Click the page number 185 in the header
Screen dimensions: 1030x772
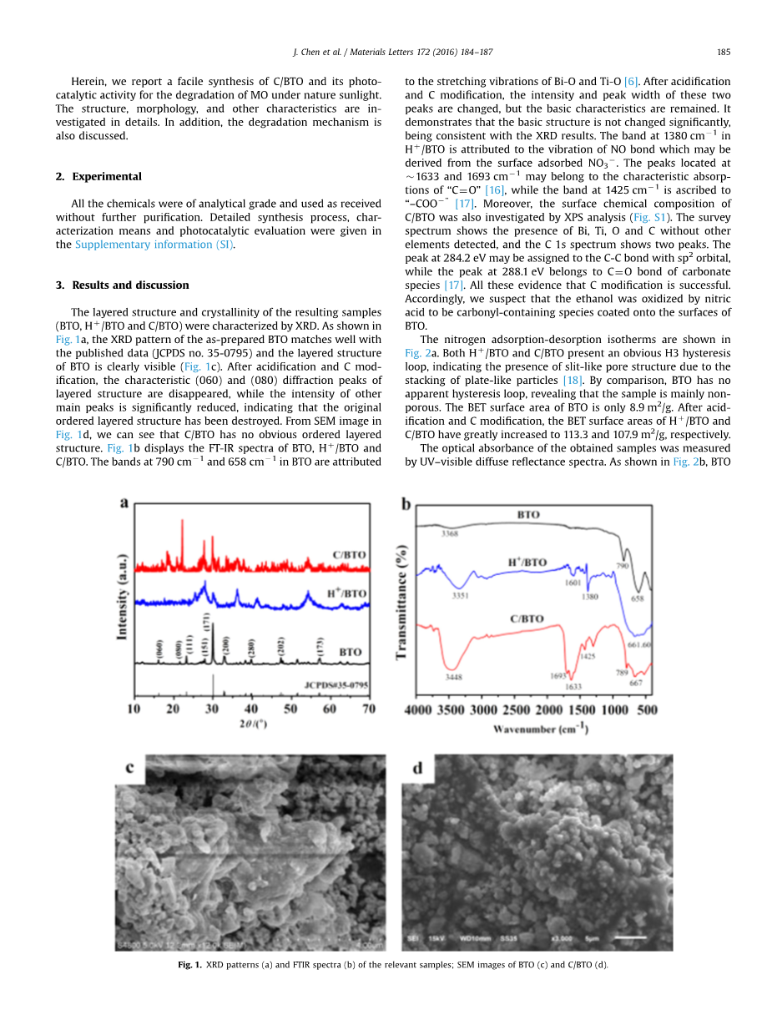click(x=724, y=52)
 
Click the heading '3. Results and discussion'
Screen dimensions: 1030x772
click(x=122, y=285)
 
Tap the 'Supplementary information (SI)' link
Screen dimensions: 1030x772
click(x=154, y=245)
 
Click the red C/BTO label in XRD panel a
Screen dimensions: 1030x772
click(x=349, y=554)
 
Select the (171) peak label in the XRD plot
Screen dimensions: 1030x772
click(x=205, y=623)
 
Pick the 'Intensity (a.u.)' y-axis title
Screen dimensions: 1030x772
click(x=122, y=596)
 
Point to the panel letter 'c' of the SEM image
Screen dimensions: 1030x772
click(x=130, y=768)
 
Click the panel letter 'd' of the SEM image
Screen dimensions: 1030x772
click(x=416, y=768)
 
